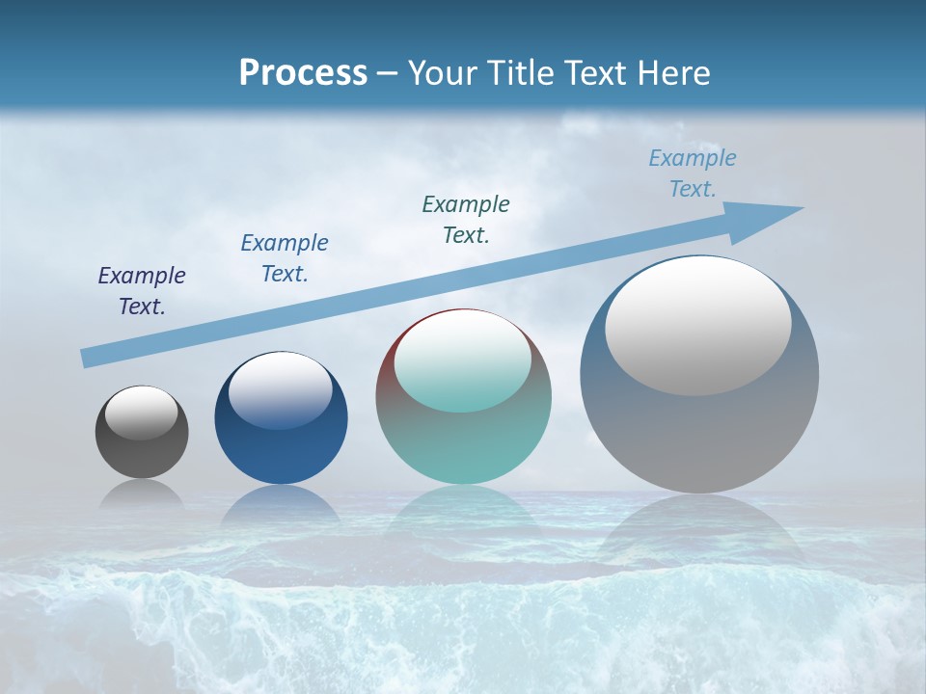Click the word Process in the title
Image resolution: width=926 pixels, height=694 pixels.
coord(303,72)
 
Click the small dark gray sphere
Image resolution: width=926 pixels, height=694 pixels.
coord(142,453)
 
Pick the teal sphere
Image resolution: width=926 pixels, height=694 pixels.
coord(463,443)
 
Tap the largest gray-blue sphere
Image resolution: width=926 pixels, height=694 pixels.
coord(699,434)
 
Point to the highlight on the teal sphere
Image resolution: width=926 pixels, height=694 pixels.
coord(462,361)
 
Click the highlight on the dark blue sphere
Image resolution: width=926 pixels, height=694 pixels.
coord(280,390)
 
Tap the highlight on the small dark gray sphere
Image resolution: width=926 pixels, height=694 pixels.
coord(141,413)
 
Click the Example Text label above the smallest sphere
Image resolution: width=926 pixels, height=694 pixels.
coord(142,291)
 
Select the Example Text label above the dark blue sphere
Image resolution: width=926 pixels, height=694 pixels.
coord(285,258)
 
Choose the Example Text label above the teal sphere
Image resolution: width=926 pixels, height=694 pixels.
coord(466,220)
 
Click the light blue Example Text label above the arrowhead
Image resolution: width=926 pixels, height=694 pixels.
coord(693,173)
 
